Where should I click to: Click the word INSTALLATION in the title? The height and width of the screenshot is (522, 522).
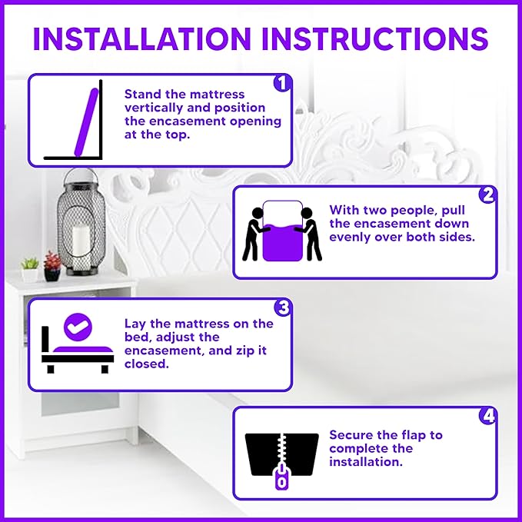tap(142, 38)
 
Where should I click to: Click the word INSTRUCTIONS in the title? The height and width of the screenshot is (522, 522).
tap(375, 38)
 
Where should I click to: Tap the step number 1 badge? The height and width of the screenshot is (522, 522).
tap(282, 83)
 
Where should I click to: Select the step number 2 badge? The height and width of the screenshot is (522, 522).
tap(487, 195)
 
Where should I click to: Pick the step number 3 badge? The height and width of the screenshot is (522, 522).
tap(283, 308)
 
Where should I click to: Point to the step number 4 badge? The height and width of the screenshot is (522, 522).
tap(488, 416)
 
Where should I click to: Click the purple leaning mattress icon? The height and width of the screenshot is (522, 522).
tap(87, 122)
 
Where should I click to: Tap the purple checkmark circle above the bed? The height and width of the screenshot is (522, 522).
tap(78, 327)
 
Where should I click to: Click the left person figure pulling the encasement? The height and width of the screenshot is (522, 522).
tap(254, 234)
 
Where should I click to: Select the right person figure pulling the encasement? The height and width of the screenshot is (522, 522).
tap(309, 234)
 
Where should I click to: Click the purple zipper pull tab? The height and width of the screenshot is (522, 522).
tap(281, 477)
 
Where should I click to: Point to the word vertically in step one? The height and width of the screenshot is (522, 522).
tap(154, 108)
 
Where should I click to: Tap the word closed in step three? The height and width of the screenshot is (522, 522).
tap(147, 364)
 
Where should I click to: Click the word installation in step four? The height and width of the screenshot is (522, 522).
tap(366, 462)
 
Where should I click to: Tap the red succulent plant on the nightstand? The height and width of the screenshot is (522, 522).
tap(52, 261)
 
